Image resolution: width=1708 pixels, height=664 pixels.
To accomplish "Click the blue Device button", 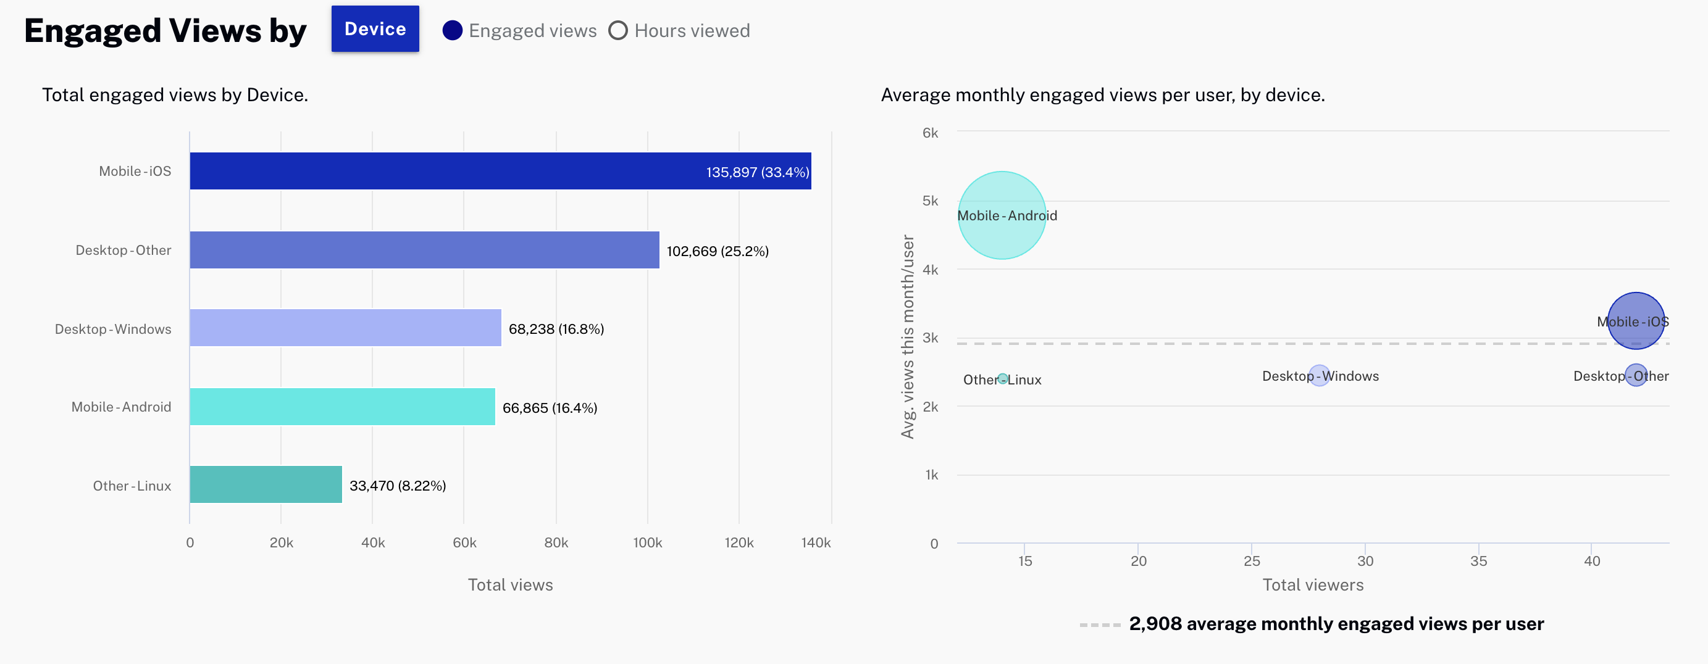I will click(375, 29).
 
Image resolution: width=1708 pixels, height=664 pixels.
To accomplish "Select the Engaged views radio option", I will click(452, 30).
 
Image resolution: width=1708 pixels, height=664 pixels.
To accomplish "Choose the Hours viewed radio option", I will click(618, 30).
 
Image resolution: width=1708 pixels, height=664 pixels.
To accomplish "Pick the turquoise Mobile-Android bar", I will click(342, 406).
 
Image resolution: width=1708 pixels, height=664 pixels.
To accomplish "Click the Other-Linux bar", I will click(266, 484).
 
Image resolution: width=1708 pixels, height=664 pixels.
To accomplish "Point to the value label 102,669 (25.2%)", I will click(718, 251).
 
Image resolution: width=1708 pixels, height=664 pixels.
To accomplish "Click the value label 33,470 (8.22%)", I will click(397, 486).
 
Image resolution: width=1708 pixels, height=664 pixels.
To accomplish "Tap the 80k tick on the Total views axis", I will click(556, 542).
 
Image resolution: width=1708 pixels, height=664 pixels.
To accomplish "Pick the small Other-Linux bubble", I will click(1003, 379).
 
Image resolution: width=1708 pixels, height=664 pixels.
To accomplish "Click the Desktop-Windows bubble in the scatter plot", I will click(1319, 376).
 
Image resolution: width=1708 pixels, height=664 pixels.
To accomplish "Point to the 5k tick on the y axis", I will click(930, 201).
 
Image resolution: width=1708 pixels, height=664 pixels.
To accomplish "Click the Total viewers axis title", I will click(1312, 584).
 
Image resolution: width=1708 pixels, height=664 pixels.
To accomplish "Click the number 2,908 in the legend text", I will click(1155, 623).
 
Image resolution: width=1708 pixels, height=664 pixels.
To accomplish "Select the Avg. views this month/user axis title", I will click(907, 337).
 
